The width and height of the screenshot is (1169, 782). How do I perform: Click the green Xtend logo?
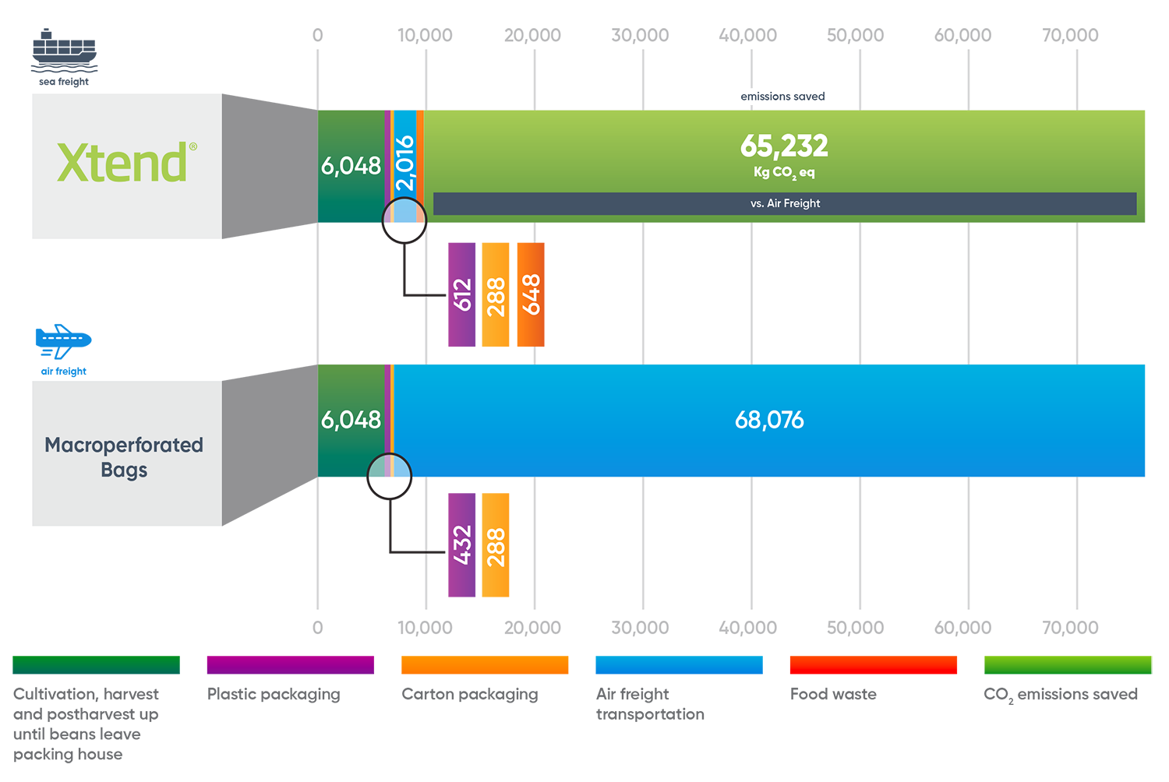[x=122, y=162]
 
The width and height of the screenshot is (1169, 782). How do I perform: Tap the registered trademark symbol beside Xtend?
[x=192, y=146]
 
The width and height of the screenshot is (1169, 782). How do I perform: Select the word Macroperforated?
[x=124, y=445]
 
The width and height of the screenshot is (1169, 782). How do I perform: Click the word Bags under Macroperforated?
[x=124, y=470]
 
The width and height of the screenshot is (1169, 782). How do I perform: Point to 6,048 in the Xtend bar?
[x=351, y=166]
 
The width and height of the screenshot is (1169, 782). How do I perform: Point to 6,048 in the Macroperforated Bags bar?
[x=351, y=420]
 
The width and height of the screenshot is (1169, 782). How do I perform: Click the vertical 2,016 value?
[x=404, y=164]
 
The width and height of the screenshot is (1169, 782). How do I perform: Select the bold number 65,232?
[x=784, y=146]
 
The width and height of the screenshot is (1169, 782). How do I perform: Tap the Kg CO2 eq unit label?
[x=784, y=172]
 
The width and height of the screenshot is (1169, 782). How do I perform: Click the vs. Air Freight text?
[x=785, y=203]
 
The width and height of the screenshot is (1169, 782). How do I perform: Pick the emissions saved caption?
[x=782, y=97]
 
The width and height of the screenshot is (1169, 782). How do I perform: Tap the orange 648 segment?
[x=532, y=294]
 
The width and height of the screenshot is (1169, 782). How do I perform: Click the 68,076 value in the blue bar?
[x=769, y=421]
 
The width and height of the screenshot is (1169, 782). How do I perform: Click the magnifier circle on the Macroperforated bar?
[x=390, y=475]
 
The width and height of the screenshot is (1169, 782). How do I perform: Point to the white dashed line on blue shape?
[x=62, y=338]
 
